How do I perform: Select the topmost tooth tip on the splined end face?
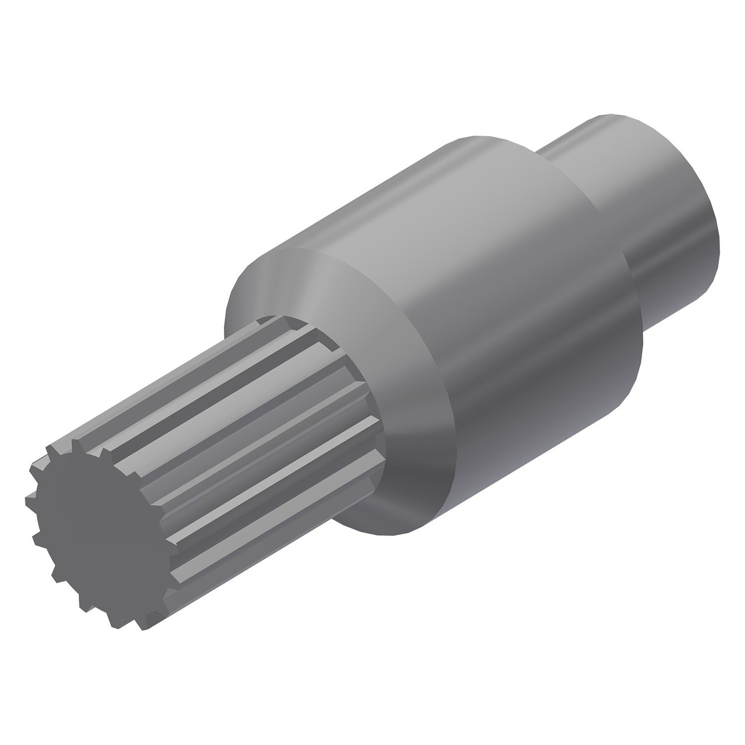pos(76,444)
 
